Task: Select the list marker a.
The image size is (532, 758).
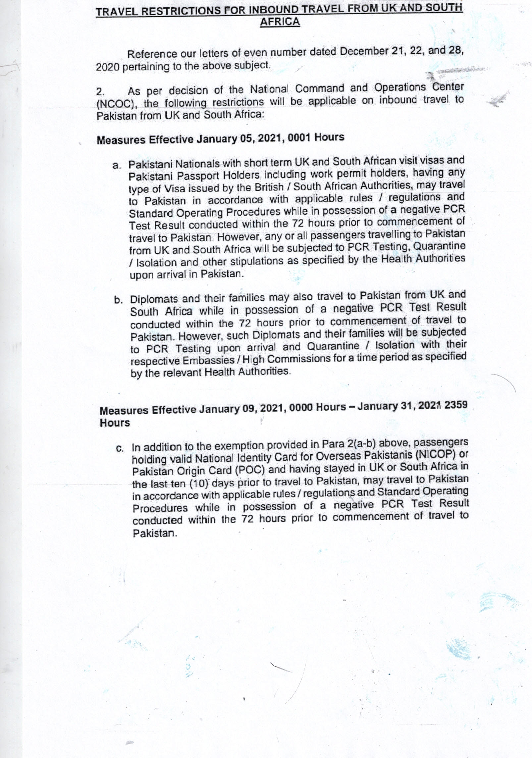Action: pyautogui.click(x=116, y=166)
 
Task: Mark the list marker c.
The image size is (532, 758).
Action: pyautogui.click(x=120, y=448)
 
